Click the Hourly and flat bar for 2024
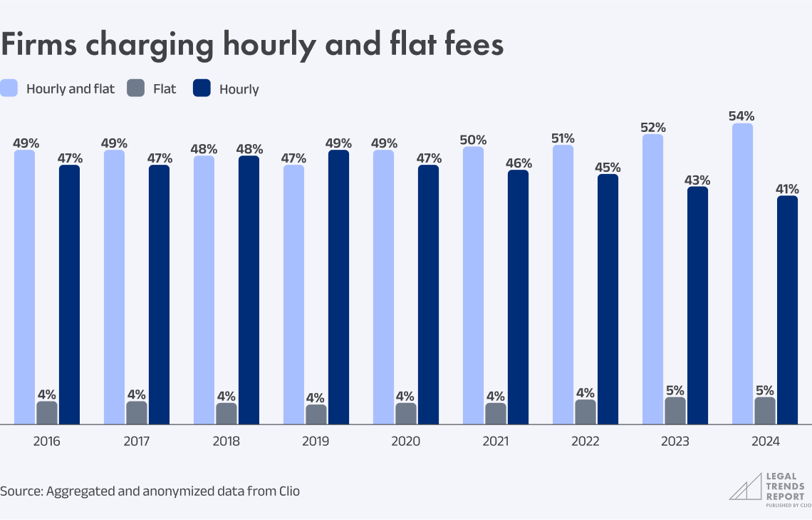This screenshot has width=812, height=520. (742, 274)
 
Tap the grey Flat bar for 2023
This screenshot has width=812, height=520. (675, 411)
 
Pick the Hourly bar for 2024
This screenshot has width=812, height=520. (787, 310)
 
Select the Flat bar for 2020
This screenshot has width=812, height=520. (406, 414)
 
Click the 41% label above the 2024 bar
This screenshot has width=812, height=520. (787, 189)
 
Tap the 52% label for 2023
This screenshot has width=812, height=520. (652, 127)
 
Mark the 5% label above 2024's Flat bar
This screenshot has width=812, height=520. (765, 390)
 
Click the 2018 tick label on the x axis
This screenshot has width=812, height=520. (227, 442)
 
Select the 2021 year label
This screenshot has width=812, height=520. (495, 442)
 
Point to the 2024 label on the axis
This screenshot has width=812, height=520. (765, 442)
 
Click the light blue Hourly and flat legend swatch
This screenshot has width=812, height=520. (9, 88)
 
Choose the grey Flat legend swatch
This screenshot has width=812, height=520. (135, 88)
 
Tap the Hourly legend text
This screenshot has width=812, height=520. (239, 89)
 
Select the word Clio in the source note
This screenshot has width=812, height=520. (287, 491)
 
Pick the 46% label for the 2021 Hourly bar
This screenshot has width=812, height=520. (518, 163)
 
